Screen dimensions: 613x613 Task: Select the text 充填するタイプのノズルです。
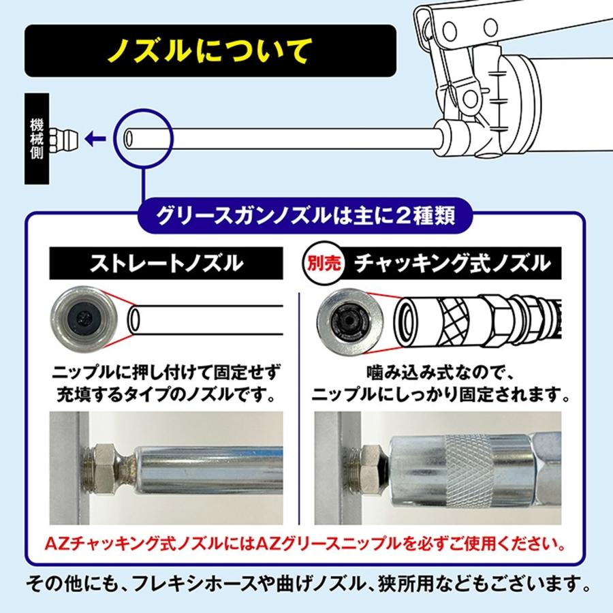click(166, 394)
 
